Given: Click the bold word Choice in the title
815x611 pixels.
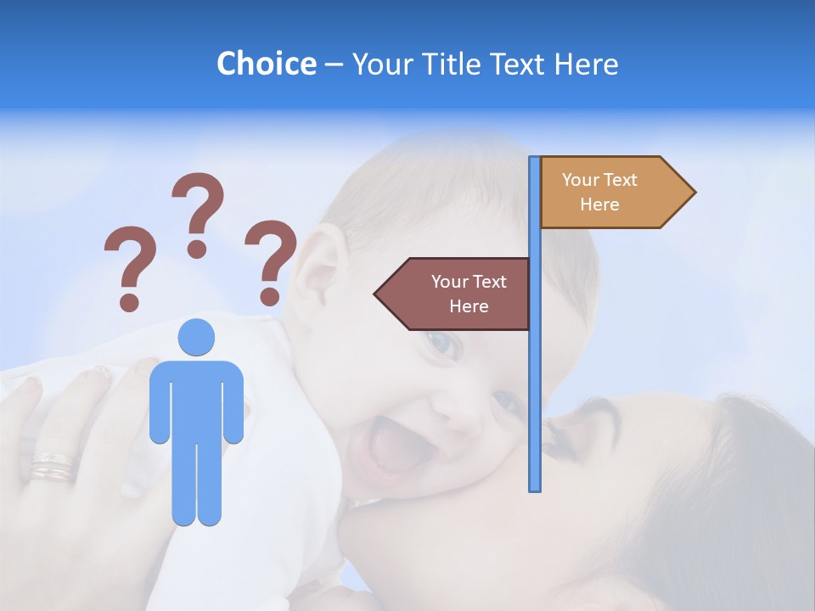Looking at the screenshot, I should [266, 64].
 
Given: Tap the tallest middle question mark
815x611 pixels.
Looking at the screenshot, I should [198, 215].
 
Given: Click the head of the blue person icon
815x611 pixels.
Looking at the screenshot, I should [196, 337].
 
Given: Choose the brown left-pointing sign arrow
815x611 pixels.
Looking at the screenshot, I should [454, 294].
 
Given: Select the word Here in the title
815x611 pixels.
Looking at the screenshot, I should [585, 64].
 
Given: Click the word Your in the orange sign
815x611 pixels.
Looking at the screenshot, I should [581, 180].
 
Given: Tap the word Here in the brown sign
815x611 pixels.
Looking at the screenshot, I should [469, 306].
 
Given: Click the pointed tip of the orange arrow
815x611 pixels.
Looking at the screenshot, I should [694, 193].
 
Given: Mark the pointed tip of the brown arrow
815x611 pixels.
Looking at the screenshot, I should [376, 294].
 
